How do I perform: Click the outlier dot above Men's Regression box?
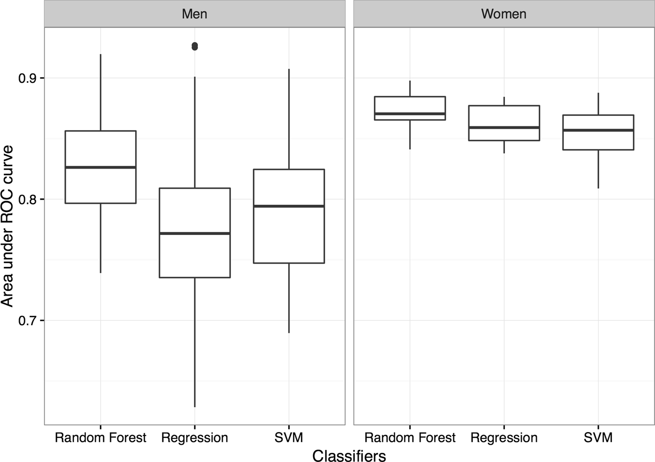195,46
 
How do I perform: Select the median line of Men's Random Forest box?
100,167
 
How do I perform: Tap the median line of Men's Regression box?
195,233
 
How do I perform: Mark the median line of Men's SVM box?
289,206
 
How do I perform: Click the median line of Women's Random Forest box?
410,114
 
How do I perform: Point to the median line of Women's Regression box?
504,128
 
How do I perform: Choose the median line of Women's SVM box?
598,130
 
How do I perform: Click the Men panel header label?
194,14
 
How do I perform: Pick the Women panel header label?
504,14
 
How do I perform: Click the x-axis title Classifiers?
349,455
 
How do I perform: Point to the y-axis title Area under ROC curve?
7,226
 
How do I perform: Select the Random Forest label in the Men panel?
100,437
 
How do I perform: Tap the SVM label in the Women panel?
598,437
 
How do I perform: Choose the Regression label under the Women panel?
504,437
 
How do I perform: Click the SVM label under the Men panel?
289,437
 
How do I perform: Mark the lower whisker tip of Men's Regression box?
195,407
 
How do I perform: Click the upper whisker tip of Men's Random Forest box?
100,54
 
